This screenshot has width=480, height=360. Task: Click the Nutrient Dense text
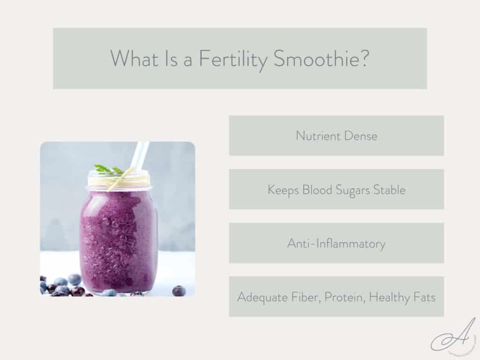(336, 136)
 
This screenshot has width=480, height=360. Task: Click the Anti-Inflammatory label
(336, 244)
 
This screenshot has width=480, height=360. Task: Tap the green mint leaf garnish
(107, 169)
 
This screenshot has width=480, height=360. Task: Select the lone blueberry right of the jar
(179, 291)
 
